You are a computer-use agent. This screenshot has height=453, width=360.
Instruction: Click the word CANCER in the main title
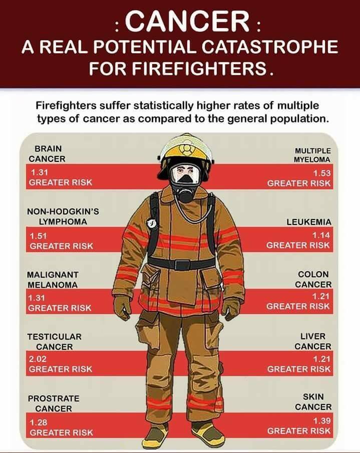(x=187, y=21)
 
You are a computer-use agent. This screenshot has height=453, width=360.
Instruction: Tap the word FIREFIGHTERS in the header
(x=178, y=69)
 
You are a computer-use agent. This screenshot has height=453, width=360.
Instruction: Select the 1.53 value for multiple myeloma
(x=322, y=173)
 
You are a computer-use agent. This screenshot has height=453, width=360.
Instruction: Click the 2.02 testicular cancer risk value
(x=38, y=359)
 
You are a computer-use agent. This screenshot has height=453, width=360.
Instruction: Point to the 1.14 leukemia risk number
(x=321, y=235)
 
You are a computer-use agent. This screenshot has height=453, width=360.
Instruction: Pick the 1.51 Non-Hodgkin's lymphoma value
(x=38, y=236)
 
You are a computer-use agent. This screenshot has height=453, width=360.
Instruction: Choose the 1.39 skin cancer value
(x=322, y=420)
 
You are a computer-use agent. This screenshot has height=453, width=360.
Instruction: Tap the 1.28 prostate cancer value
(x=39, y=422)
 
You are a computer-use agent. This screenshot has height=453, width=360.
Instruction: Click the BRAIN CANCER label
(x=47, y=154)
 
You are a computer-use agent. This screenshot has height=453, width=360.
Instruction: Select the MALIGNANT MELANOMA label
(x=53, y=280)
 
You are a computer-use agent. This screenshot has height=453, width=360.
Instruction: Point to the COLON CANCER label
(x=313, y=280)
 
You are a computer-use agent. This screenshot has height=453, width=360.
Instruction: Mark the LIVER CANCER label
(x=313, y=341)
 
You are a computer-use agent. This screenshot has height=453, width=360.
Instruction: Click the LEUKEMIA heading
(x=309, y=222)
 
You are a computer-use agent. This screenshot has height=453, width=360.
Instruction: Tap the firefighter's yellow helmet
(x=186, y=150)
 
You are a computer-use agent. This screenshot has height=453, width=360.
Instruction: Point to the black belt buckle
(x=182, y=265)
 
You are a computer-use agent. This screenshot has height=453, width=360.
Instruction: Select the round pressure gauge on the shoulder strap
(x=151, y=223)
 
